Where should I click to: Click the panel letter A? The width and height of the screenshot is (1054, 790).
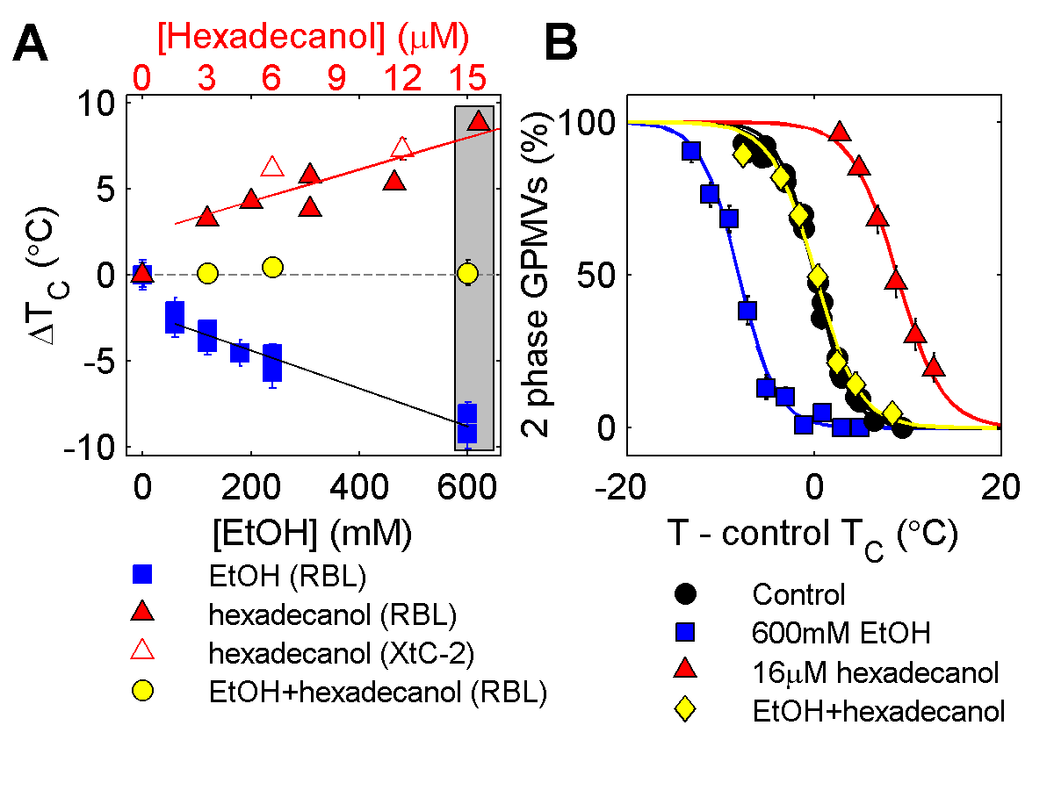(x=32, y=44)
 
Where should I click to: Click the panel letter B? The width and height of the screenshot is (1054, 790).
(x=563, y=44)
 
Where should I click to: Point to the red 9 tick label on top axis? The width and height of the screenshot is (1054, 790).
(x=336, y=81)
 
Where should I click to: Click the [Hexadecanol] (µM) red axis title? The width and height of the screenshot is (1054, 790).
(x=313, y=37)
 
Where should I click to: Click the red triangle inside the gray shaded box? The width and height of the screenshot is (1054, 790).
(x=478, y=122)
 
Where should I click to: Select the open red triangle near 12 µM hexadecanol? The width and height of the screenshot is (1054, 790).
(x=402, y=147)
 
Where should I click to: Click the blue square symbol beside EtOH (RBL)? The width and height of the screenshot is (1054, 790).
(x=142, y=575)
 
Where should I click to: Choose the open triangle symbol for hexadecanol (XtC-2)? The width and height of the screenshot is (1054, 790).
(x=142, y=652)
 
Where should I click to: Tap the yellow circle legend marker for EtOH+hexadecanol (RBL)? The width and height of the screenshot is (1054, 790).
(x=142, y=692)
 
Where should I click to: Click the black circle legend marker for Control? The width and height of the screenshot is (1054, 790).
(x=686, y=593)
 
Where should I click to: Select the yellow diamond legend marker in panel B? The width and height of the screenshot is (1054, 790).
(x=686, y=711)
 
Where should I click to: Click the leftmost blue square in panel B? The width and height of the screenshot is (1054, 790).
(x=691, y=150)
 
